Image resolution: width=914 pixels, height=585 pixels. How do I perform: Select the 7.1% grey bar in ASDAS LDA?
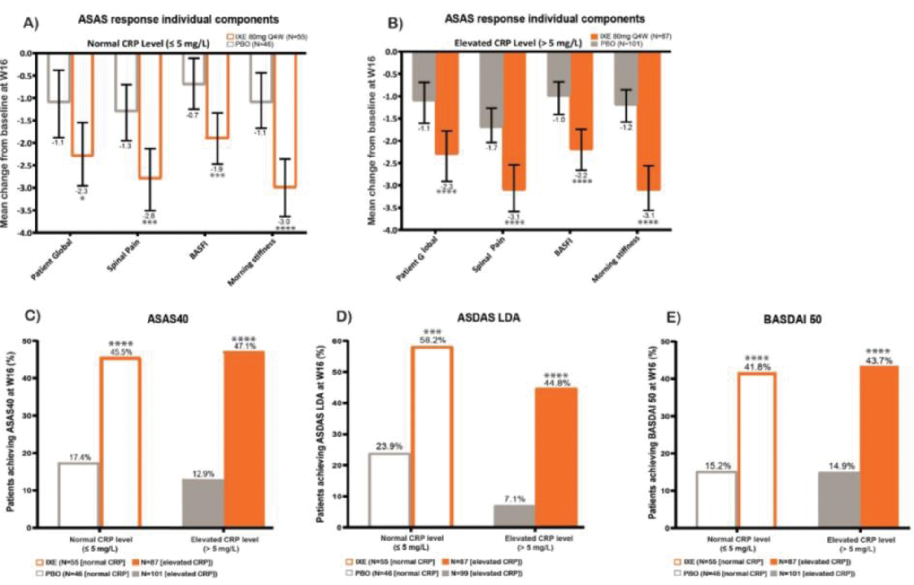point(514,515)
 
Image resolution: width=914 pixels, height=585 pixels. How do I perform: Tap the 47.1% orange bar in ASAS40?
point(244,439)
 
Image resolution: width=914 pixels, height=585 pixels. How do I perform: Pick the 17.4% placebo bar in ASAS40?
point(79,495)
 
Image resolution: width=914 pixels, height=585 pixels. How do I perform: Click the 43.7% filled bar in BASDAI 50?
point(879,446)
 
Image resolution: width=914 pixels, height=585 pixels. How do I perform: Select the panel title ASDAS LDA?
point(488,317)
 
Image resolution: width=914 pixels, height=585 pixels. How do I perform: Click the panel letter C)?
point(33,316)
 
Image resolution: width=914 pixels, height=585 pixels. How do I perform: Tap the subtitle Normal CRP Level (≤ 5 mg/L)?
point(148,44)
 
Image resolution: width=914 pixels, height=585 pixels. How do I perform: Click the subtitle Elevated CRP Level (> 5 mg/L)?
point(518,43)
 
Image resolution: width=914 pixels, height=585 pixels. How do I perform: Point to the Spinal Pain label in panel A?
point(123,255)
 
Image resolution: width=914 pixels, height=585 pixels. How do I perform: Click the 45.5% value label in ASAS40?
point(121,352)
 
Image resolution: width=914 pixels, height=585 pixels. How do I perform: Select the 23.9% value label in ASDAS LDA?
point(389,446)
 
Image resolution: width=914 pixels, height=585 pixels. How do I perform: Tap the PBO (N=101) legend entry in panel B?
point(620,44)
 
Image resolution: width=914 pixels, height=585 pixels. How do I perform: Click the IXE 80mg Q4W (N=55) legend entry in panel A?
point(267,36)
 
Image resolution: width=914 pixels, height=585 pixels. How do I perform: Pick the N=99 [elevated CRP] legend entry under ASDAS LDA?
point(482,574)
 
